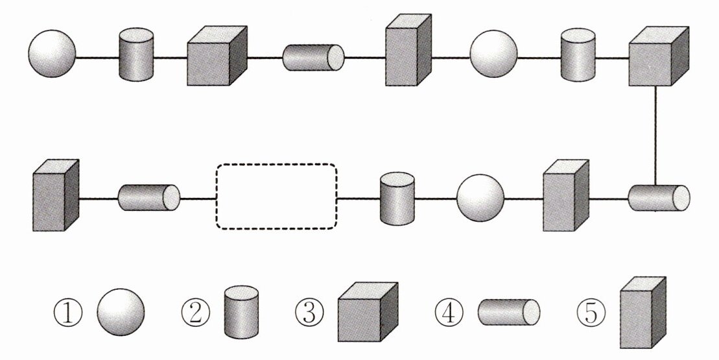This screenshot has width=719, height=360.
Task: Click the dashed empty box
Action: point(276,197)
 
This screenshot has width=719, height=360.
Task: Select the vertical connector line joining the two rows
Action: point(656,137)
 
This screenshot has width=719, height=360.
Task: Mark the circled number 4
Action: point(450,313)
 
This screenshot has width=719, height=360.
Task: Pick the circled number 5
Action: point(591,313)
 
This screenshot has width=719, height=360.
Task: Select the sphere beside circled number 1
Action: point(121,313)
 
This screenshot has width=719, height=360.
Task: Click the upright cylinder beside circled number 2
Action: point(241,314)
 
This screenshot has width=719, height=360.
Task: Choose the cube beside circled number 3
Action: point(366,312)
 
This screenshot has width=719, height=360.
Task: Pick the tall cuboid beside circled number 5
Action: point(642,313)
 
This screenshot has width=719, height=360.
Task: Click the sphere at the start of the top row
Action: point(52,55)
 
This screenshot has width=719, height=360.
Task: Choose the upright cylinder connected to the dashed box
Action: point(396,198)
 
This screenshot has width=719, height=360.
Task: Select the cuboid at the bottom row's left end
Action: point(55,197)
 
